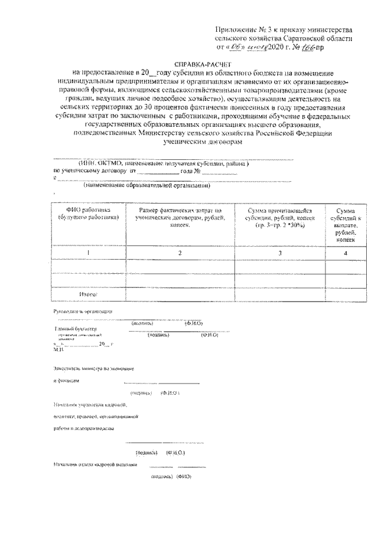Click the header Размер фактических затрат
(177, 217)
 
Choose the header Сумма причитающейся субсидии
(280, 218)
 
